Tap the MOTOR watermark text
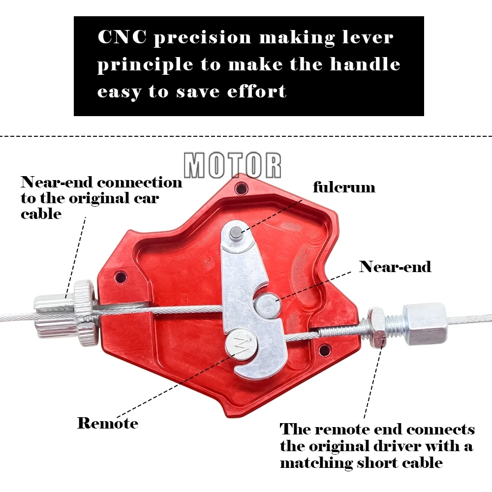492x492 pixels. click(x=232, y=165)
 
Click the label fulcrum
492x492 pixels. click(x=344, y=187)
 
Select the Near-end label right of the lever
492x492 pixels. click(x=395, y=267)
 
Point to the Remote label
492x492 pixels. click(x=108, y=423)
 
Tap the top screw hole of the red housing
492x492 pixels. click(x=241, y=188)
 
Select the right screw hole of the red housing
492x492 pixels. click(x=323, y=350)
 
